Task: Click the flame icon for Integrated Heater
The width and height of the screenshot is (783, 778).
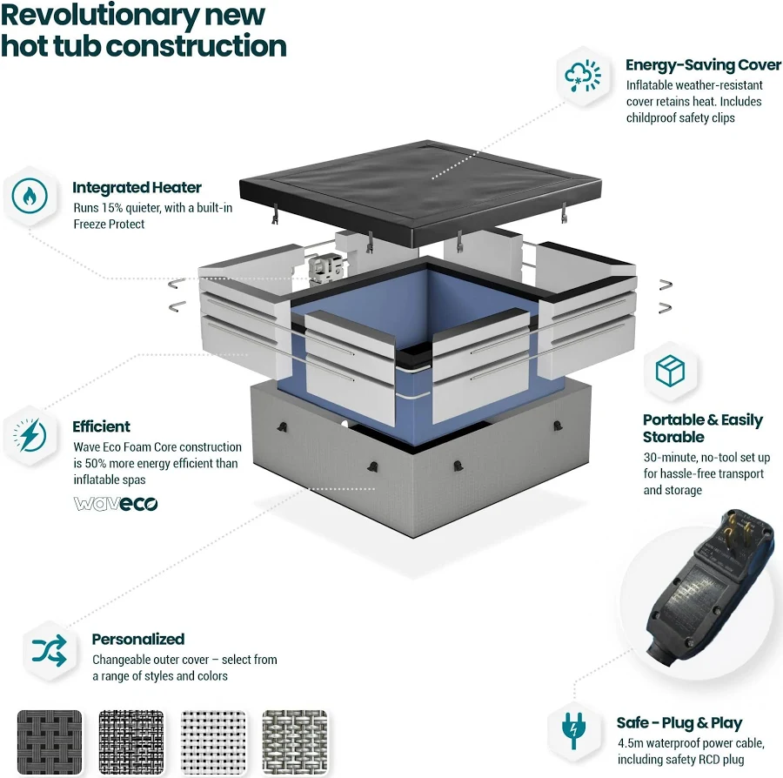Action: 30,195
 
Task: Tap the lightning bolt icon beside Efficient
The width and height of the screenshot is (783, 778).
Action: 30,435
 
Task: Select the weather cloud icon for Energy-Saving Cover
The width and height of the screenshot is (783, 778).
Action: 583,76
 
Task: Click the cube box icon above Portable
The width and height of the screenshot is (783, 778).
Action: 670,371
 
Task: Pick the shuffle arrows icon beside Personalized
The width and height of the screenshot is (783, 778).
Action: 50,650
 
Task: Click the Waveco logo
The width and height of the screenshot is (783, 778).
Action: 116,503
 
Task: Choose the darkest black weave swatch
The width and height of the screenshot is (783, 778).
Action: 50,742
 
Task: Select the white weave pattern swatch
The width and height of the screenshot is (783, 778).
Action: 213,742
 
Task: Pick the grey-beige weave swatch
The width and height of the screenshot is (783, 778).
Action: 295,742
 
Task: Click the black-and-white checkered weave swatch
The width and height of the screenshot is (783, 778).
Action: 131,742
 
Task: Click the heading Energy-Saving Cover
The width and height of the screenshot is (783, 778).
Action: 703,65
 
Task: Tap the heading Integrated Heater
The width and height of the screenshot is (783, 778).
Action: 137,187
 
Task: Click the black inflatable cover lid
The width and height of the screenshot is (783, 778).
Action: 420,192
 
